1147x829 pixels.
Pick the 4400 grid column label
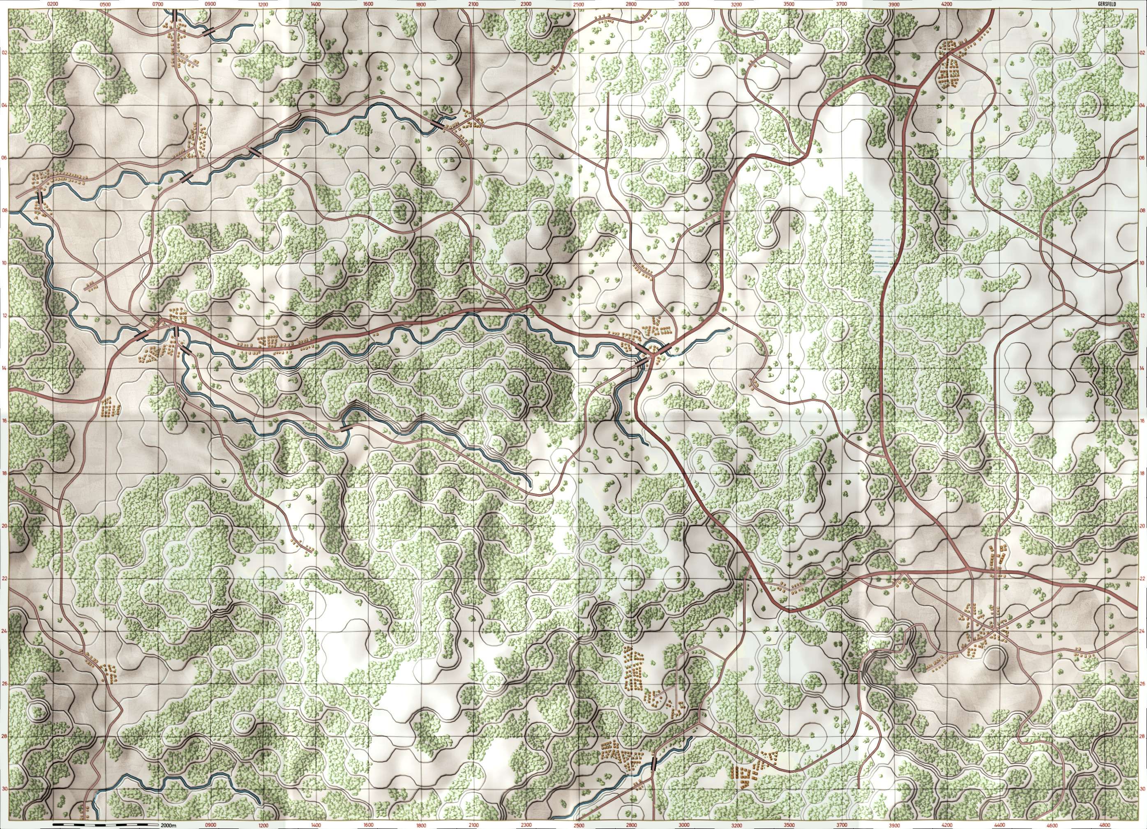point(983,825)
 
